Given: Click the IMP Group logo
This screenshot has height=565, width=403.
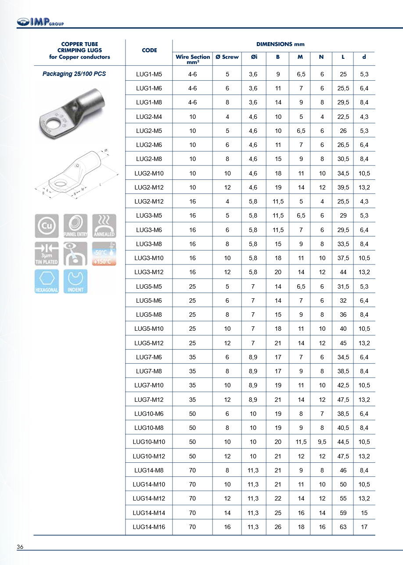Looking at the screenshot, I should point(40,21).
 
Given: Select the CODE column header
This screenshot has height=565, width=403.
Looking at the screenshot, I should point(149,50).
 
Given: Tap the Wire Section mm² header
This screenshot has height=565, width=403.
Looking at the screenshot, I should point(193,59).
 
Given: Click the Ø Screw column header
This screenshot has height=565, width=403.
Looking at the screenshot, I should point(227,57).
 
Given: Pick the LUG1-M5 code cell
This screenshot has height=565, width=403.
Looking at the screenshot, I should point(149,75).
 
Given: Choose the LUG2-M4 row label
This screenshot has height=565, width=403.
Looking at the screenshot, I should point(149,117).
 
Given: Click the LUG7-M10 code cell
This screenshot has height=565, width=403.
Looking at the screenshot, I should point(149,386).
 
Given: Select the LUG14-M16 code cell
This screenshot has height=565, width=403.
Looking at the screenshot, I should point(149,527).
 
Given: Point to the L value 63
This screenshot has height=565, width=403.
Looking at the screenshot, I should point(343,527).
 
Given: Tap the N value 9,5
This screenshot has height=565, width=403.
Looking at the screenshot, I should point(322,442).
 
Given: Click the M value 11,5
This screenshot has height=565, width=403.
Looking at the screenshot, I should point(301,442).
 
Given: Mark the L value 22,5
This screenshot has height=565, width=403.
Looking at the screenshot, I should point(343,117).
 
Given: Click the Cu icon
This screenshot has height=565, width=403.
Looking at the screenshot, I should point(47,225).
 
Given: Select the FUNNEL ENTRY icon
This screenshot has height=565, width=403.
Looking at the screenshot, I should point(75,225).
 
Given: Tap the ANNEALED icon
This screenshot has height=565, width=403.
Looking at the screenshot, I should point(104,225).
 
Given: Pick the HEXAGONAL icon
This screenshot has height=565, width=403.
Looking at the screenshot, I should point(47,281).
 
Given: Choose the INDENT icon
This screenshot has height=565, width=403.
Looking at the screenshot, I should point(75,281).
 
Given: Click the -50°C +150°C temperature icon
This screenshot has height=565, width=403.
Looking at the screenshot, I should point(104,254).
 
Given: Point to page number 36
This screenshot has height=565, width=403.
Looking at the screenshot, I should point(20,547).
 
